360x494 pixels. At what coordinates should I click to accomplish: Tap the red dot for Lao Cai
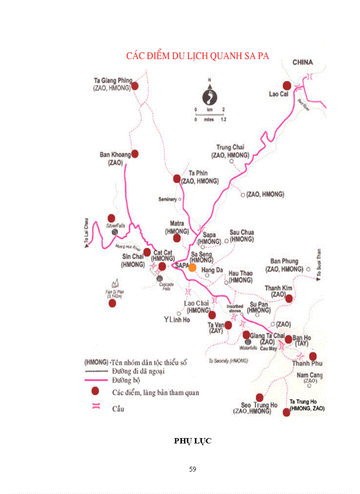287,85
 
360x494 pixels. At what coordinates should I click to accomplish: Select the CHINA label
302,62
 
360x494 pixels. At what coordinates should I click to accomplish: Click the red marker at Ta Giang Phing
135,86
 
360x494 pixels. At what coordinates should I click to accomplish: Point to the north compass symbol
209,96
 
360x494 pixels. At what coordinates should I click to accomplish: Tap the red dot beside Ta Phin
177,179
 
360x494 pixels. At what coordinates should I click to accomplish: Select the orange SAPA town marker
192,267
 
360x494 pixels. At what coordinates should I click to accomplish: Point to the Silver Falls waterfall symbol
115,233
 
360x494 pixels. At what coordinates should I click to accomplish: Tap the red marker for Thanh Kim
289,298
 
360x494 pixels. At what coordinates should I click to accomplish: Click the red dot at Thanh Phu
313,356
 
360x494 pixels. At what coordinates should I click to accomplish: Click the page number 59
193,469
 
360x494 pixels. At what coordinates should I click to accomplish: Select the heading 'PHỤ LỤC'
193,441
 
